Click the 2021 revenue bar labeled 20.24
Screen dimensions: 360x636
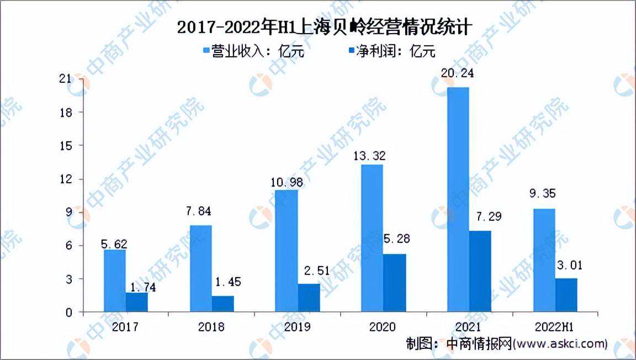458,199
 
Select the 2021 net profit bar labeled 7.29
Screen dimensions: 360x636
479,271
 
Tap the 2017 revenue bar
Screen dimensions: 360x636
114,280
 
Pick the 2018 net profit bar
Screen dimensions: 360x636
223,304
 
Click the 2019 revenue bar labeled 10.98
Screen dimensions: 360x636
287,251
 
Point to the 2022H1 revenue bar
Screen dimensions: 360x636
544,260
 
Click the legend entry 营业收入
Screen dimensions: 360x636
253,52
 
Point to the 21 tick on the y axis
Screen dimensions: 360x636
66,79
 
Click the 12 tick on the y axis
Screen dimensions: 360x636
66,179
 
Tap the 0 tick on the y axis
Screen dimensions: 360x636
69,313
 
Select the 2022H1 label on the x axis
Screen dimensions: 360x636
555,327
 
